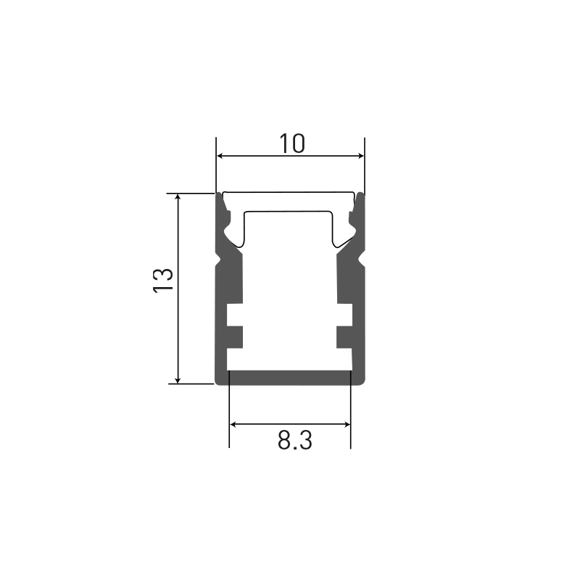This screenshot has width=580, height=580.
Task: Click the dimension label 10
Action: (292, 144)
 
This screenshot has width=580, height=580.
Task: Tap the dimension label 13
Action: (162, 281)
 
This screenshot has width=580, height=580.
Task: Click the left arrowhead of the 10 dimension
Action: (220, 156)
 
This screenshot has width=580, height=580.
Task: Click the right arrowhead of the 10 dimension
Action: (361, 156)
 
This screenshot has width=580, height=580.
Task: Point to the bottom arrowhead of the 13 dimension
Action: (178, 380)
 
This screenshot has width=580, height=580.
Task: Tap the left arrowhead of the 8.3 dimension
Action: (233, 424)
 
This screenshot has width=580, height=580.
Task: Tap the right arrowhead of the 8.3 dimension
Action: (347, 424)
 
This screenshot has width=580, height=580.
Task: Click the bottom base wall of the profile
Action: (290, 377)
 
